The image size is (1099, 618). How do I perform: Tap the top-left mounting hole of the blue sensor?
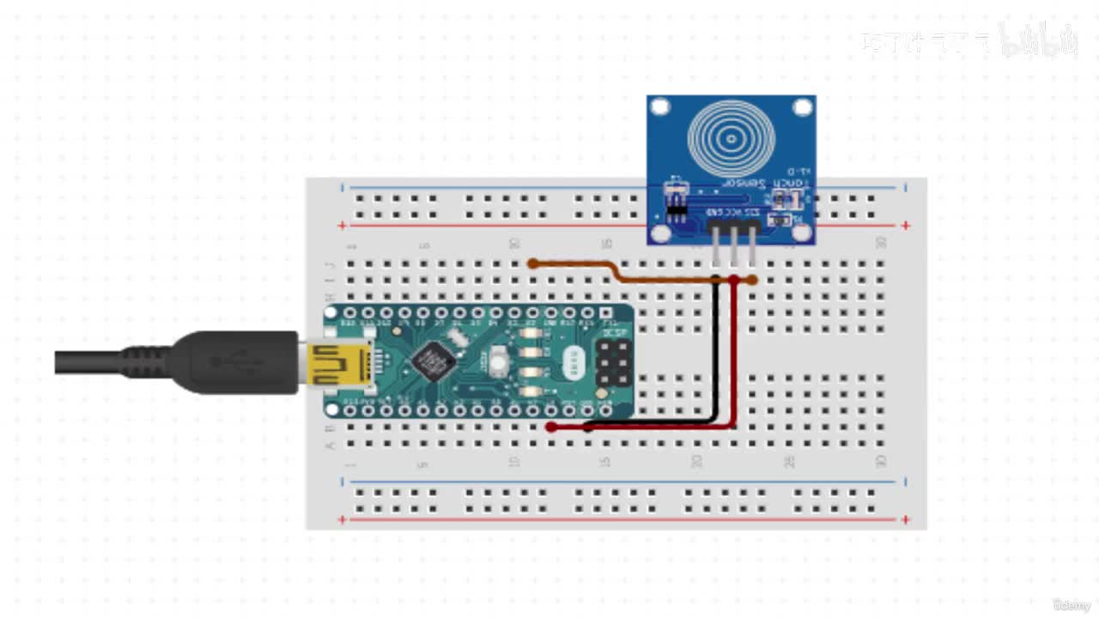pyautogui.click(x=659, y=107)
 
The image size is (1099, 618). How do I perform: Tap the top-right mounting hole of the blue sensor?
pyautogui.click(x=802, y=107)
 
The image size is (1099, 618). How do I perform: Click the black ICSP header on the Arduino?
pyautogui.click(x=612, y=362)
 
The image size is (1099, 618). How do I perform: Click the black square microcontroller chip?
pyautogui.click(x=434, y=360)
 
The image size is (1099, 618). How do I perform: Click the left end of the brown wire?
pyautogui.click(x=533, y=264)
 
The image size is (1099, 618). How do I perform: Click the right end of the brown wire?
pyautogui.click(x=752, y=280)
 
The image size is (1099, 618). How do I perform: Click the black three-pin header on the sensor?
pyautogui.click(x=733, y=224)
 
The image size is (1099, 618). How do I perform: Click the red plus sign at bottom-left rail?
pyautogui.click(x=343, y=519)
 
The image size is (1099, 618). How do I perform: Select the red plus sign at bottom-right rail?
pyautogui.click(x=906, y=519)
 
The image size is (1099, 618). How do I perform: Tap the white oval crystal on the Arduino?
pyautogui.click(x=574, y=361)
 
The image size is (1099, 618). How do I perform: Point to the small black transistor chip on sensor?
pyautogui.click(x=677, y=208)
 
